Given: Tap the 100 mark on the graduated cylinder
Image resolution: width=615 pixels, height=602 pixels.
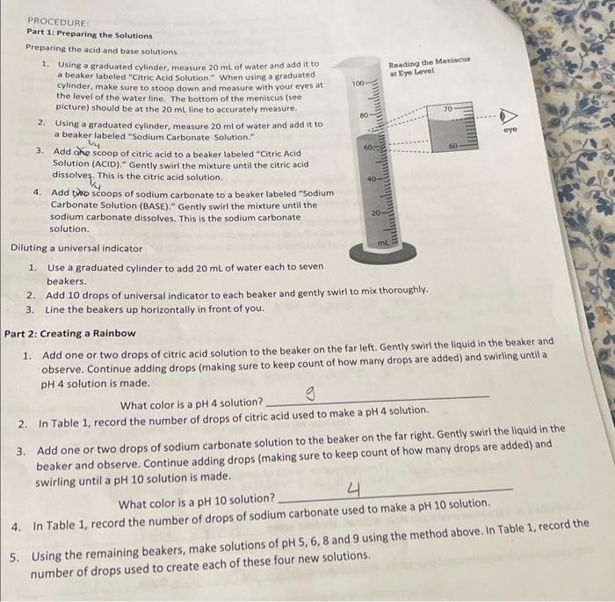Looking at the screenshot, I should pos(358,83).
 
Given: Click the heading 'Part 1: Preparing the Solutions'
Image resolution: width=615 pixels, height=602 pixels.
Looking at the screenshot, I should pos(89,35).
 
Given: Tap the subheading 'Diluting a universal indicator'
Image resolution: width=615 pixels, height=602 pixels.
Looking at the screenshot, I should pos(76,248).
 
